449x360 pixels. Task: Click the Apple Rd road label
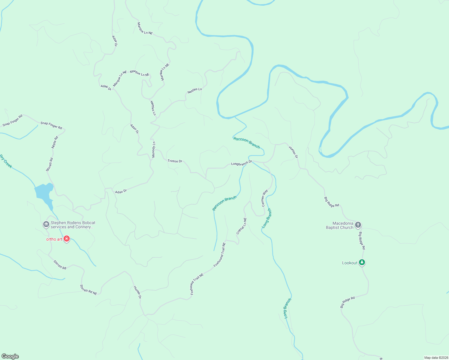tap(55, 142)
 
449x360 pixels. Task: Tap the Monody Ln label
tap(154, 149)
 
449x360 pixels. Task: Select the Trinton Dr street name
tap(175, 161)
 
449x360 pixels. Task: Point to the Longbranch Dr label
tap(242, 163)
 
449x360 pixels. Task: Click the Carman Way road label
tap(264, 198)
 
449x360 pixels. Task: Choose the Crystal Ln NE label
tap(242, 226)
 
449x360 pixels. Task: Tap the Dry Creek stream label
tap(6, 161)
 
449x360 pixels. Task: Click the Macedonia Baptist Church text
tap(340, 225)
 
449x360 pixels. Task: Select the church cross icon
tap(358, 225)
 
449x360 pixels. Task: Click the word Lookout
tap(350, 263)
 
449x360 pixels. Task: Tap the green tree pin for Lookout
tap(362, 262)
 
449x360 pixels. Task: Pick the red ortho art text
tap(54, 239)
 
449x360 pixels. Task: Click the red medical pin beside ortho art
tap(67, 239)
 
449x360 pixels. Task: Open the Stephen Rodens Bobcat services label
tap(73, 225)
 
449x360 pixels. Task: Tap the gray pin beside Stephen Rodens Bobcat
tap(46, 224)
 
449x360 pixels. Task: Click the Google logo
tap(10, 356)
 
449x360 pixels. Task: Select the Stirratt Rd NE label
tap(89, 290)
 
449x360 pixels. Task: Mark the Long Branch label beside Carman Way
tap(267, 218)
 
